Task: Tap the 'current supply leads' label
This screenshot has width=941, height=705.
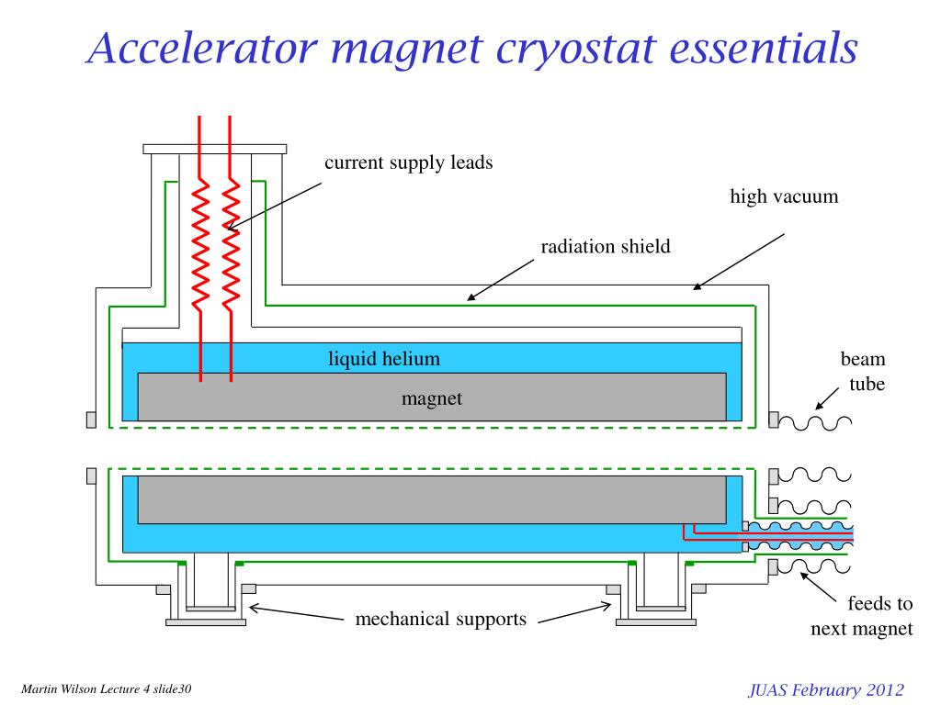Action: click(409, 163)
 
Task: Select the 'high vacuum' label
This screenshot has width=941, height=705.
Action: click(784, 196)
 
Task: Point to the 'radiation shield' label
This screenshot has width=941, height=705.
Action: click(605, 246)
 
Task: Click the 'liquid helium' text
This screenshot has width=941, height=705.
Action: click(384, 359)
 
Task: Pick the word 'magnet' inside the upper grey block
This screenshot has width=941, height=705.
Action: click(431, 398)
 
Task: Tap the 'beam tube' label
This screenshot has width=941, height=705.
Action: click(863, 371)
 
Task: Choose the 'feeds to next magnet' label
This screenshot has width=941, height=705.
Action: click(862, 616)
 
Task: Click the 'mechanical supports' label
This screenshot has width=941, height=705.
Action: click(441, 619)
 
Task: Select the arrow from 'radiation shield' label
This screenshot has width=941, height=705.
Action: click(500, 279)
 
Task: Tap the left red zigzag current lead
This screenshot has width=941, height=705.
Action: click(200, 243)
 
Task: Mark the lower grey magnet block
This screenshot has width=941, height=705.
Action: click(432, 498)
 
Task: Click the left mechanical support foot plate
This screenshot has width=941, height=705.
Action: click(206, 621)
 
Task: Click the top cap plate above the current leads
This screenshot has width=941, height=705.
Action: click(214, 149)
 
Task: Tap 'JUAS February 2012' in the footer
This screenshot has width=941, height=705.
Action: click(826, 690)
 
